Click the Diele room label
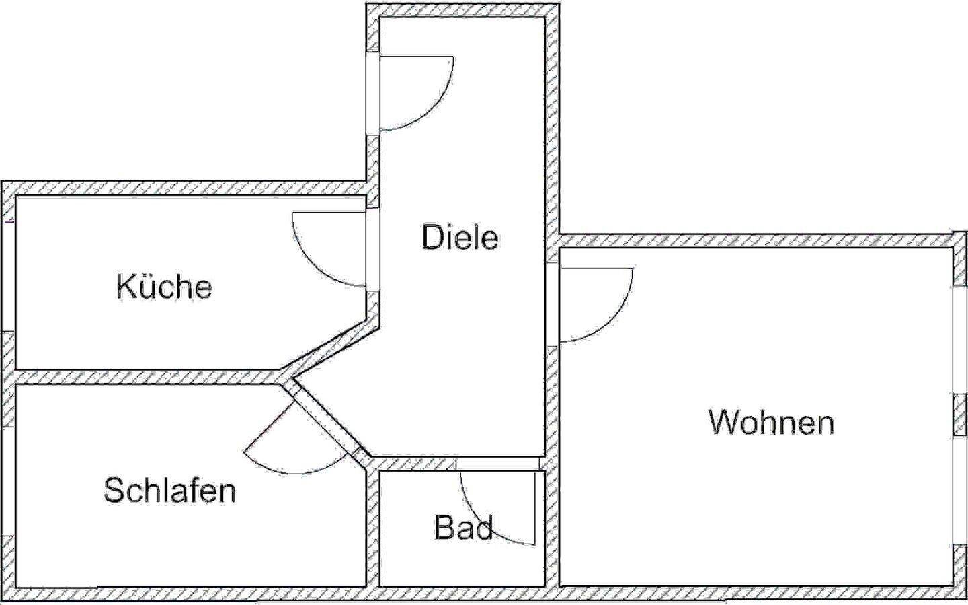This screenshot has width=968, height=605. (460, 237)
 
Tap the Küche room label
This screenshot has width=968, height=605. (164, 287)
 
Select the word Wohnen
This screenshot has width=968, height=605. (771, 422)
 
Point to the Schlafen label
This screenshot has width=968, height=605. (169, 490)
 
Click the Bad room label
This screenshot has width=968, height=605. (463, 527)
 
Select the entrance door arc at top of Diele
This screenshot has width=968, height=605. (437, 108)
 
